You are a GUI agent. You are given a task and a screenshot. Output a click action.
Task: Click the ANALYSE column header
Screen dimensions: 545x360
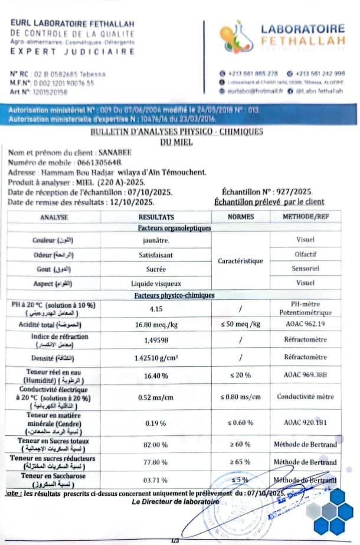click(x=54, y=217)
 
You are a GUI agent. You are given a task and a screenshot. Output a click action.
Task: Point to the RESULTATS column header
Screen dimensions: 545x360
click(x=156, y=217)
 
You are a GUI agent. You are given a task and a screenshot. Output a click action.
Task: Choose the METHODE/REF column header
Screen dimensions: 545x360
click(x=305, y=217)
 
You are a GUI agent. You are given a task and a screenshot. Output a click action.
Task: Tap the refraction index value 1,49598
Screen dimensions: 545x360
click(x=156, y=340)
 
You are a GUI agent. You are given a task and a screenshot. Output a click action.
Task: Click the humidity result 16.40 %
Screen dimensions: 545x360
click(x=156, y=376)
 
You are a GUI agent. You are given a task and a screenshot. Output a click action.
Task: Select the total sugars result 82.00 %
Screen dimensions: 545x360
click(x=156, y=444)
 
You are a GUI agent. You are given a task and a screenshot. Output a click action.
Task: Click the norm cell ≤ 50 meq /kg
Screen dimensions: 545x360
click(x=240, y=324)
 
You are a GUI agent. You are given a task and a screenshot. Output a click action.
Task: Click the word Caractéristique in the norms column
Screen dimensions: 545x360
click(x=240, y=261)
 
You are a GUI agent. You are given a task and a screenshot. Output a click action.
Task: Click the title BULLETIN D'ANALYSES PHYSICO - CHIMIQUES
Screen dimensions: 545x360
click(x=176, y=132)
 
